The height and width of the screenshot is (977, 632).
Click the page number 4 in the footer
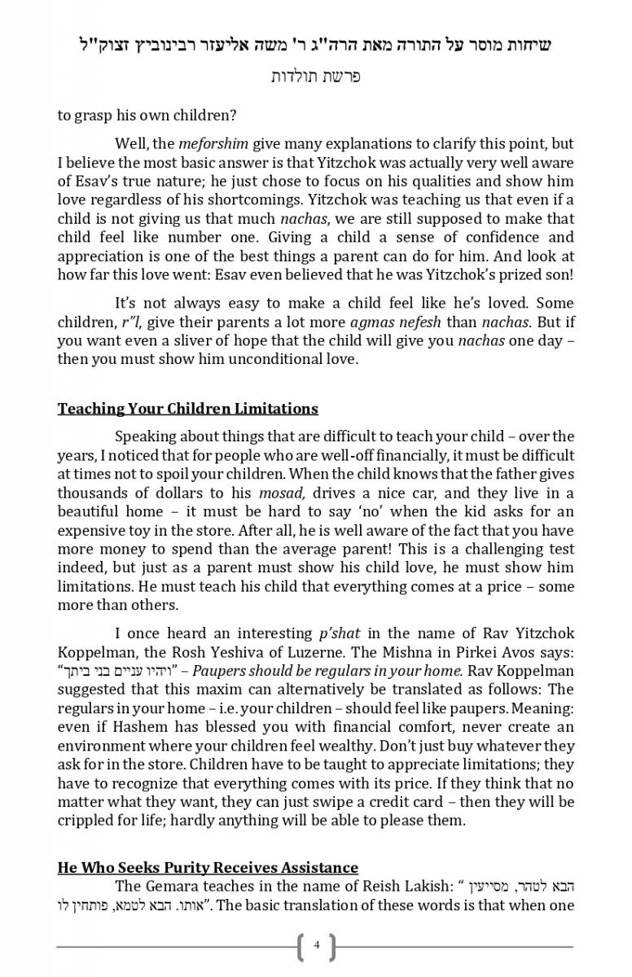click(x=317, y=946)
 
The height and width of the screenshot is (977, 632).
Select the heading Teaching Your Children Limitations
click(x=187, y=409)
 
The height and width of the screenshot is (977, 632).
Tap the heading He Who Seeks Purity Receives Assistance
click(x=208, y=868)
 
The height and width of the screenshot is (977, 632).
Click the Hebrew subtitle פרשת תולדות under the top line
click(x=316, y=77)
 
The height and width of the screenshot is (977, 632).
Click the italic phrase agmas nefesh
click(x=387, y=322)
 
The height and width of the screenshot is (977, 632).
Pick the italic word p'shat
click(x=339, y=633)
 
